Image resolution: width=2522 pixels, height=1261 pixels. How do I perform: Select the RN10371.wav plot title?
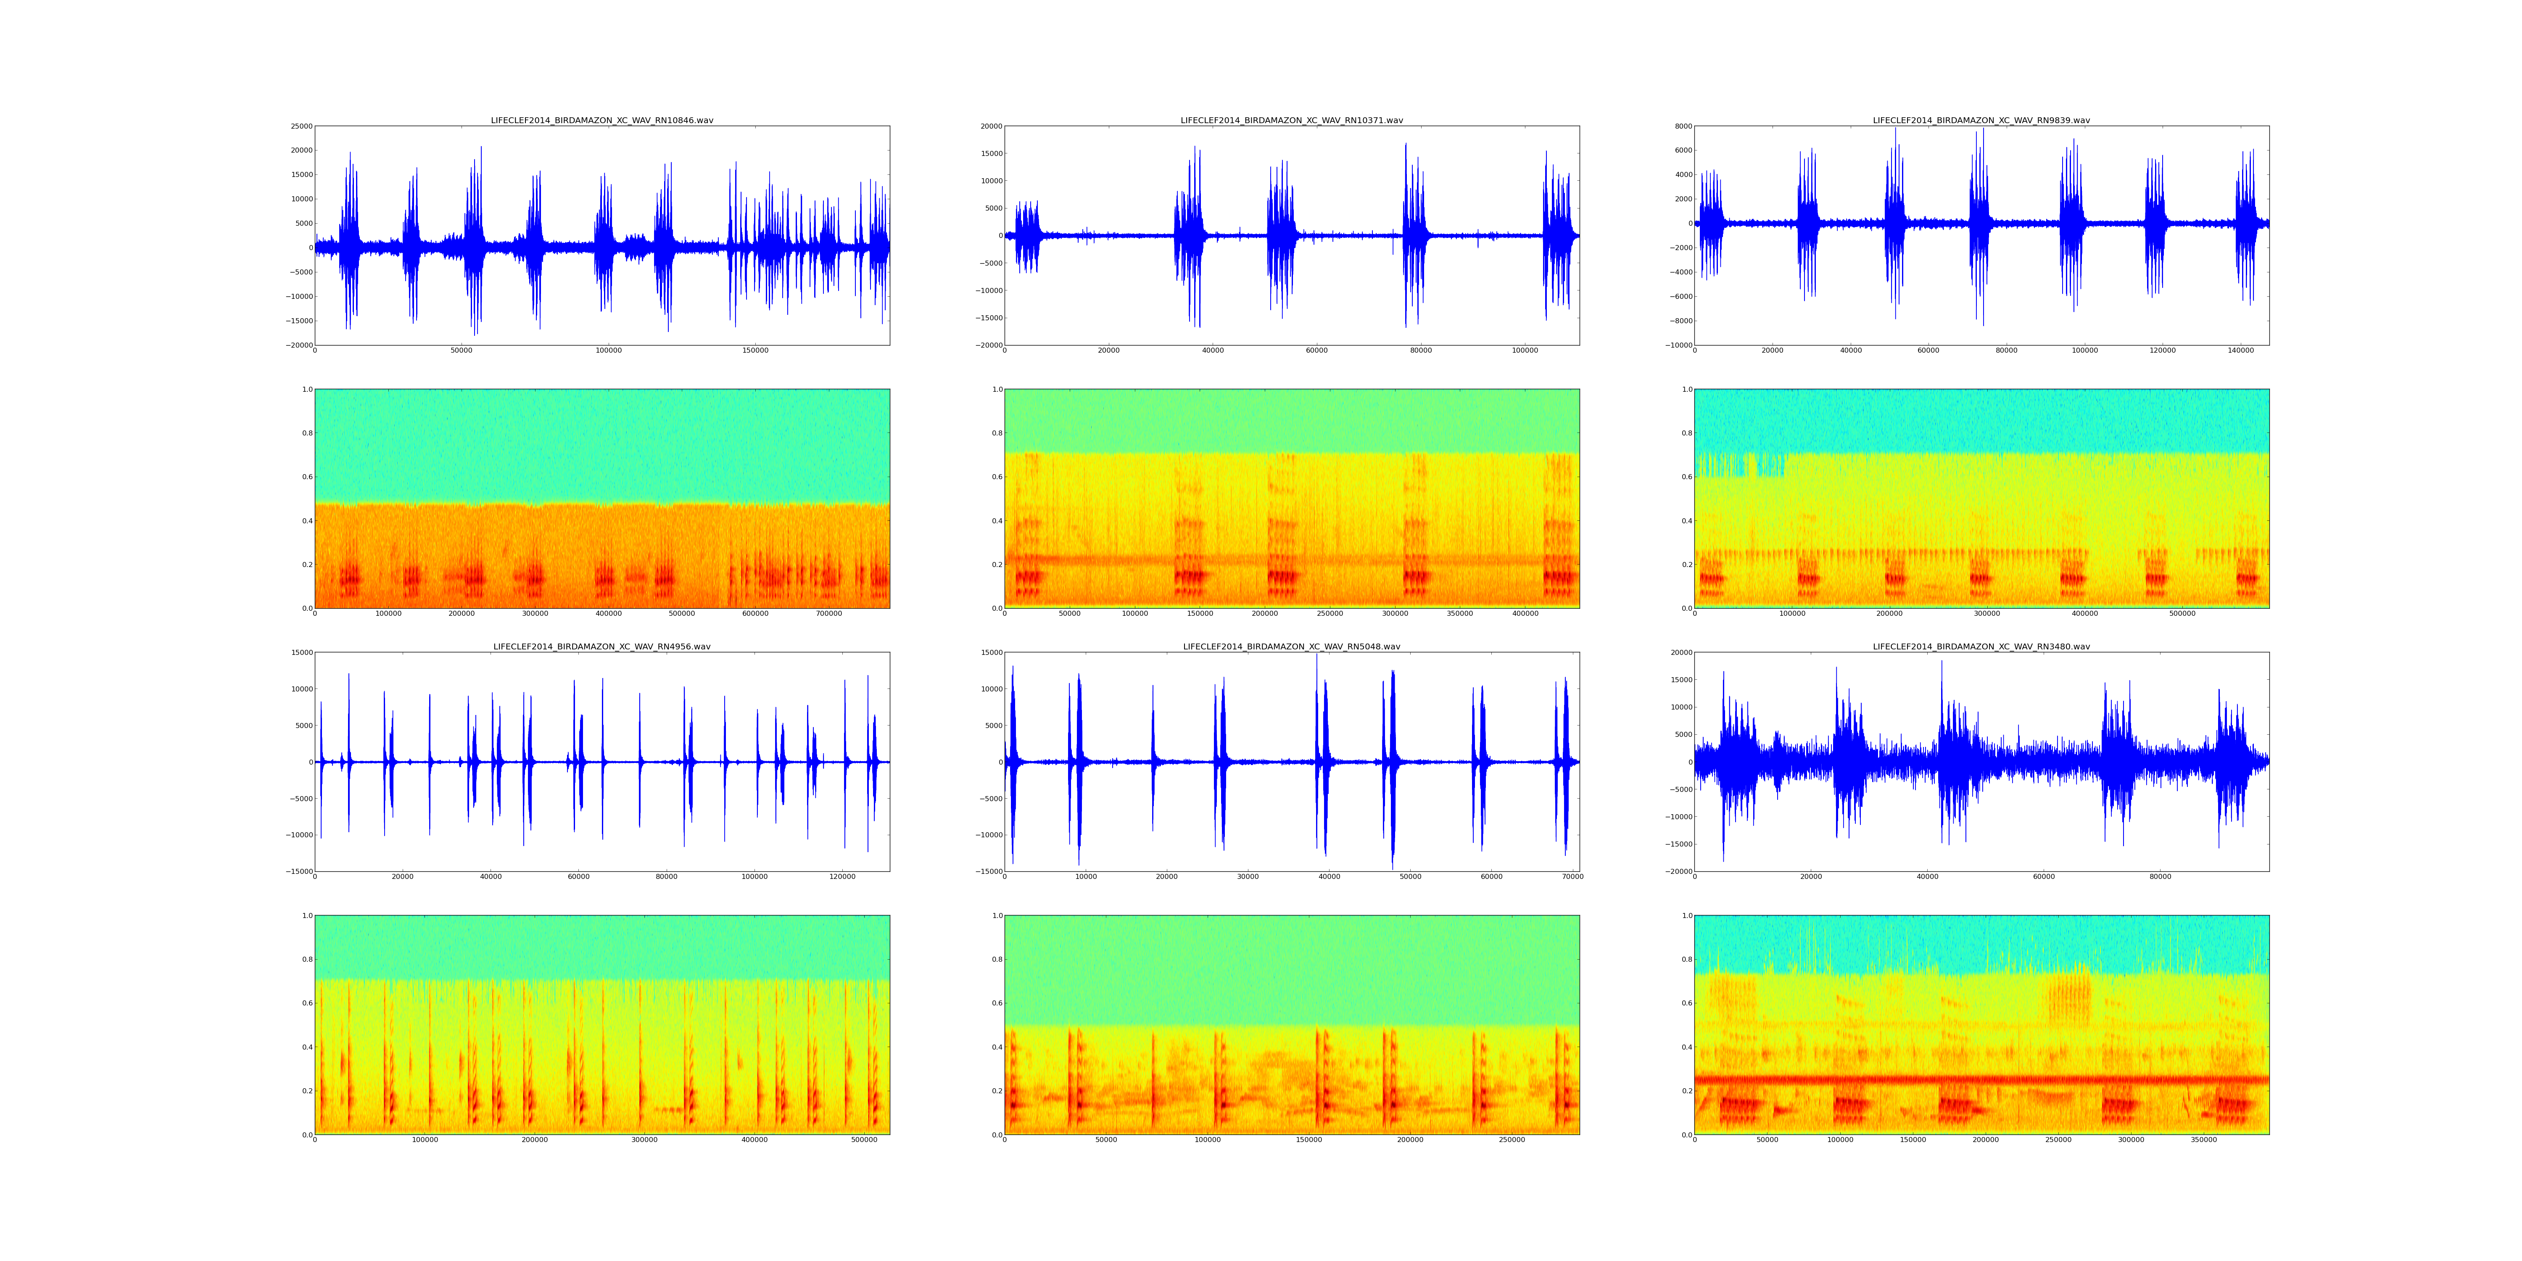coord(1291,120)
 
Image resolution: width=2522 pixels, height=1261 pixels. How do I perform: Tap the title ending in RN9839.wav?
coord(1981,120)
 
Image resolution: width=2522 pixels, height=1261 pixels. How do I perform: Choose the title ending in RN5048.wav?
coord(1291,646)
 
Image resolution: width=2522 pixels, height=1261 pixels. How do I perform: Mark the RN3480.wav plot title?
coord(1981,646)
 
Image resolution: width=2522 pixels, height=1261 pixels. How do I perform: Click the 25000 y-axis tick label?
coord(300,126)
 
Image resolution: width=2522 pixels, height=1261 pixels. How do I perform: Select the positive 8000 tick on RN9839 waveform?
coord(1679,126)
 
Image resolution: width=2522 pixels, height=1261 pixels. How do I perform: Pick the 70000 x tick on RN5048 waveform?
coord(1572,876)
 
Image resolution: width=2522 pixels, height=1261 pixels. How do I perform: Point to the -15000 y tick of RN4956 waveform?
coord(298,871)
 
